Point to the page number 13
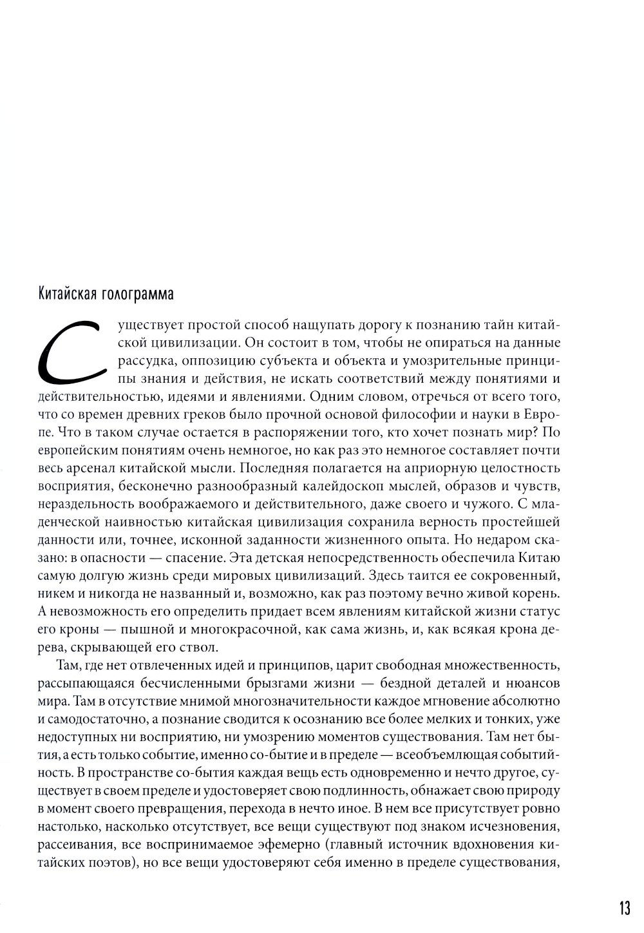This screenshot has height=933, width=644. pos(624,909)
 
